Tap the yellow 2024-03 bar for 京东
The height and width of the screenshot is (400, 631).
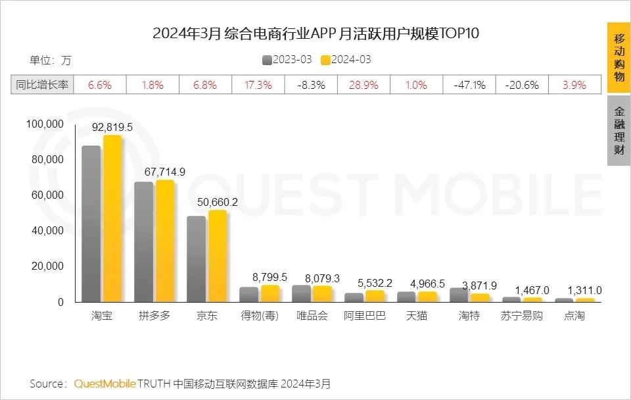click(218, 256)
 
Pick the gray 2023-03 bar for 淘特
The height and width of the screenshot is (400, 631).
click(459, 295)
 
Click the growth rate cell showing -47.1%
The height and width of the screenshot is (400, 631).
click(469, 85)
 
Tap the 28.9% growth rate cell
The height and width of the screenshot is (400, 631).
click(363, 85)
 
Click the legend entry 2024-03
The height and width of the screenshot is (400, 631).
click(346, 60)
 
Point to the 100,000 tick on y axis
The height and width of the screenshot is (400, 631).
click(45, 124)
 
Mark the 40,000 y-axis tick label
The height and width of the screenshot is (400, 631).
click(47, 230)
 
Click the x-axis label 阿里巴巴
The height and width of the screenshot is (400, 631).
click(364, 316)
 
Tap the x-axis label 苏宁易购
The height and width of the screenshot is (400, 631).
click(522, 316)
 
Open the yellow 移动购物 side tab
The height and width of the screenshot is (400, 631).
click(619, 57)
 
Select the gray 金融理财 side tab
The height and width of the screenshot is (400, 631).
click(619, 130)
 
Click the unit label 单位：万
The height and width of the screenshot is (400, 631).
click(50, 61)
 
